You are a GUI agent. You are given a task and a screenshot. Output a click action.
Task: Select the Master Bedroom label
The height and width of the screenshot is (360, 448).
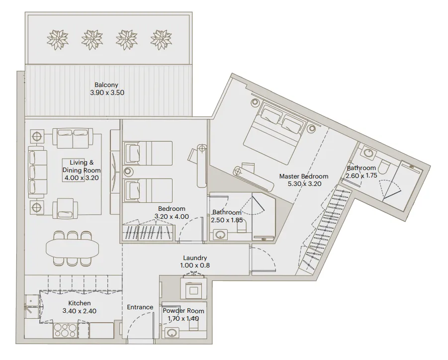tap(303, 176)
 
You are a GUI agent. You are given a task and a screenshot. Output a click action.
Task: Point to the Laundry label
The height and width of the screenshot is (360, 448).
tap(195, 258)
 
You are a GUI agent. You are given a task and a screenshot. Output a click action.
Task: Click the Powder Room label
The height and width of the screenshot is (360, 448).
tap(183, 311)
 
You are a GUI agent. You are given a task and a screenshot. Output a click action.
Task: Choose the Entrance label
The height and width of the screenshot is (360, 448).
tap(140, 307)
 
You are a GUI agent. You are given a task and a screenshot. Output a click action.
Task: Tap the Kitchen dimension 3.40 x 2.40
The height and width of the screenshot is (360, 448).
tap(79, 311)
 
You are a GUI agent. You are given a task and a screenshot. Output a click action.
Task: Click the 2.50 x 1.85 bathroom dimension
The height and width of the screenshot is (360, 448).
tap(227, 220)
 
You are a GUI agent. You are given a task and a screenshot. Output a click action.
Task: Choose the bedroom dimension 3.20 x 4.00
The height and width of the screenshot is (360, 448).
tap(172, 216)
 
